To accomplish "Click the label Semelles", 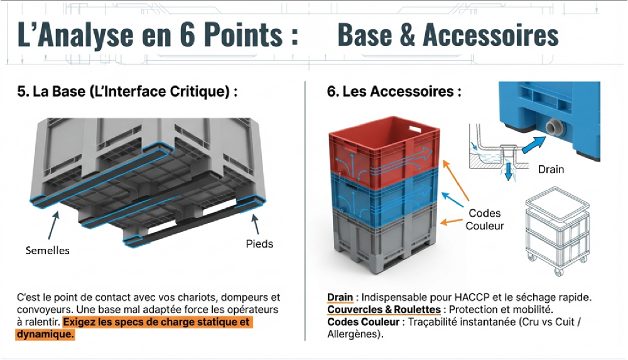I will coord(47,250).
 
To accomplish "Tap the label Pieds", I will coord(259,243).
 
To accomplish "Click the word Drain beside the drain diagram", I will coord(551,169).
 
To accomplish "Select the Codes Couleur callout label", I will coord(485,219).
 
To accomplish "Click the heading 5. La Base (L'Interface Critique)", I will coord(127,92).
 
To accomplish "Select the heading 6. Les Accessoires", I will coord(394,92).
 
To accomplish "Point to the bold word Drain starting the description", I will coord(340,297).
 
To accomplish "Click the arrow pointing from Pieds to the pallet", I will coord(255,224).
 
